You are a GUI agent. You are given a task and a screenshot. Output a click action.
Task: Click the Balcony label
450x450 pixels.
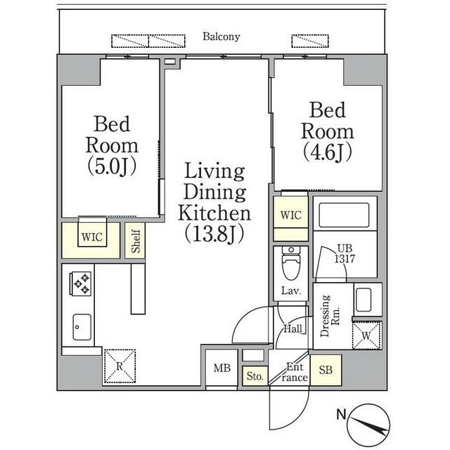[221, 37]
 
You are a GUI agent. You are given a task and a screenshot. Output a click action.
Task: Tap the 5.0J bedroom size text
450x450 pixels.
[112, 167]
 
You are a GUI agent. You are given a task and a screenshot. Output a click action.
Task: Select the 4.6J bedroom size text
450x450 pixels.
[327, 150]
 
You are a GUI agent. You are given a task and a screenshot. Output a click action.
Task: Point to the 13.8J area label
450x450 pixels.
[214, 233]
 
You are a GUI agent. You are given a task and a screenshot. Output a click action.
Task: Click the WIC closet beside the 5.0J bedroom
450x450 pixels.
[91, 238]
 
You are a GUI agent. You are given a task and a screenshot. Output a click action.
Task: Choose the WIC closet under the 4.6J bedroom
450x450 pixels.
[290, 215]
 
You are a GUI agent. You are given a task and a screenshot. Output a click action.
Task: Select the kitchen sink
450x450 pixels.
[80, 326]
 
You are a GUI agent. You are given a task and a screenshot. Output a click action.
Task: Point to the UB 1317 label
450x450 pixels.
[344, 253]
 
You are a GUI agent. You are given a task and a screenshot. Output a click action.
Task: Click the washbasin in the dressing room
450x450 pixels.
[364, 301]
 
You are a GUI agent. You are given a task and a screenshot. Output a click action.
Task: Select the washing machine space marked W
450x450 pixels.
[367, 335]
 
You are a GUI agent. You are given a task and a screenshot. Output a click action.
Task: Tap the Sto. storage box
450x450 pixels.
[255, 377]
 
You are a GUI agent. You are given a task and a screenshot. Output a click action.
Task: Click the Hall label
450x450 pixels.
[292, 328]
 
